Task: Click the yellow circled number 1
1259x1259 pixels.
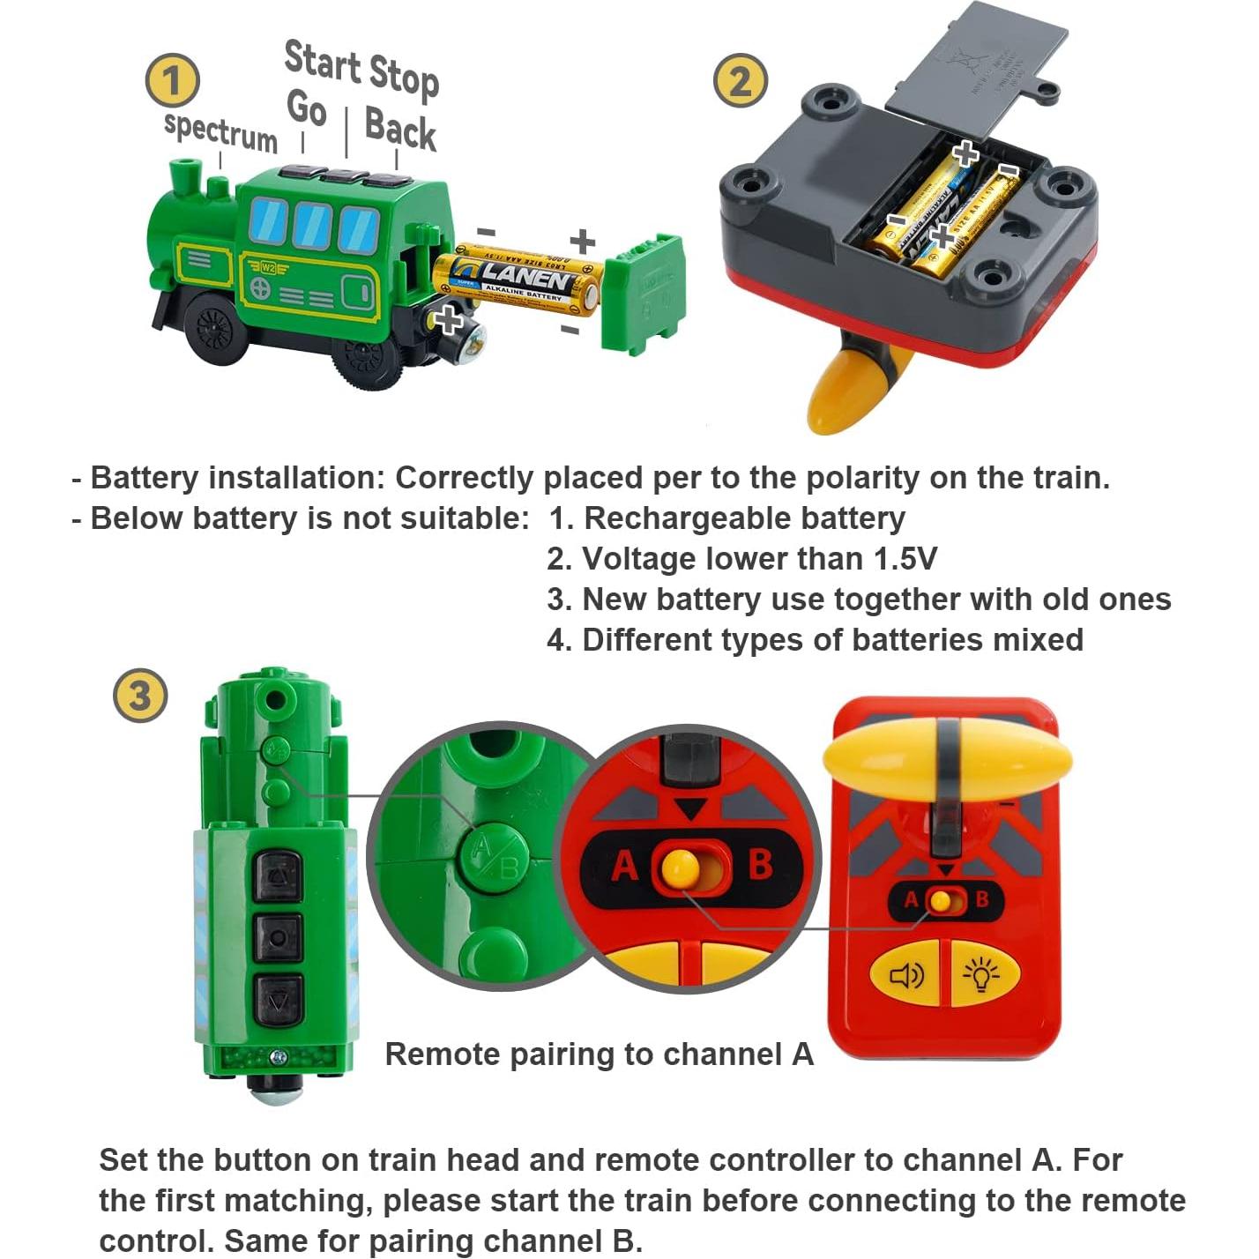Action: [x=172, y=81]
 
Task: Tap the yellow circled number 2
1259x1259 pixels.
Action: [x=740, y=81]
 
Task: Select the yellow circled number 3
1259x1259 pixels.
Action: [x=140, y=696]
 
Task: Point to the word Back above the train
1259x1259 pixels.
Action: [x=400, y=129]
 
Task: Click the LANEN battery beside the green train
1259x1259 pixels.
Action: [x=520, y=280]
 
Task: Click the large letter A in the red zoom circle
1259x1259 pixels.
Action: [x=624, y=866]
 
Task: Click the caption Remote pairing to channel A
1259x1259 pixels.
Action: [x=599, y=1054]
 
